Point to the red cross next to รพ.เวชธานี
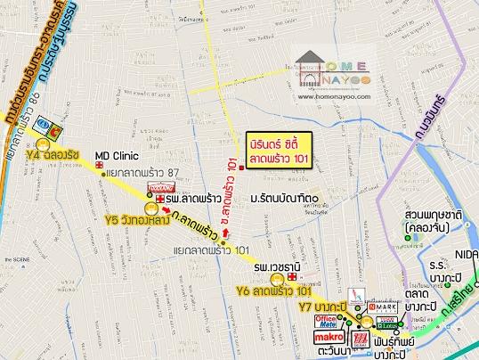click(x=291, y=277)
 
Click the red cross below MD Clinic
click(x=101, y=167)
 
